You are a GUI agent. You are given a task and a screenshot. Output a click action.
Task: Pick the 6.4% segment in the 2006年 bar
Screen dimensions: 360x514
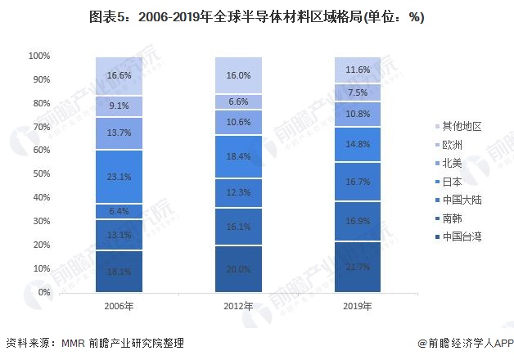(x=119, y=211)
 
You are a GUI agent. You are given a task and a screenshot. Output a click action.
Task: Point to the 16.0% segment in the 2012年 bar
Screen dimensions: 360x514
(x=238, y=75)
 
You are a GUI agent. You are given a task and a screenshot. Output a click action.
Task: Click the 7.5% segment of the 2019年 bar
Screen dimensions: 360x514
(x=357, y=92)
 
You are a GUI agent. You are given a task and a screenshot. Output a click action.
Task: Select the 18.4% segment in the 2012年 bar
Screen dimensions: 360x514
(x=238, y=155)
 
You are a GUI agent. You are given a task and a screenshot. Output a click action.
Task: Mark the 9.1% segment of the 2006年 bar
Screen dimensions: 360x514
(x=119, y=106)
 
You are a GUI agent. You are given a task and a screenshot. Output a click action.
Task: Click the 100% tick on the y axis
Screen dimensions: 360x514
(x=39, y=56)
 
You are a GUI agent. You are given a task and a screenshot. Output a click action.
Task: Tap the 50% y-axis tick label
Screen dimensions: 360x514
(x=42, y=174)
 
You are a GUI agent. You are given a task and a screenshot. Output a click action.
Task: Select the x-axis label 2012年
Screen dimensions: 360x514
(x=238, y=307)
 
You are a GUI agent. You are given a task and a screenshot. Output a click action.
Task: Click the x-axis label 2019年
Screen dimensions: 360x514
(x=357, y=307)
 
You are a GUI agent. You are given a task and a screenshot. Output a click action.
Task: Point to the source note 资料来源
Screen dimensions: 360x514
(x=94, y=344)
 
